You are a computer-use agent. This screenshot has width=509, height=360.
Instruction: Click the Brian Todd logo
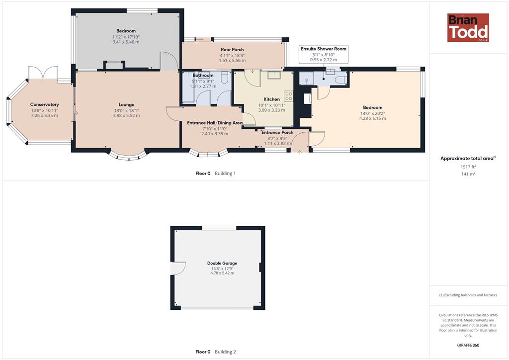468,27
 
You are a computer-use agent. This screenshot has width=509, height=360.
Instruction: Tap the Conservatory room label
44,104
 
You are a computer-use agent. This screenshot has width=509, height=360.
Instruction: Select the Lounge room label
126,104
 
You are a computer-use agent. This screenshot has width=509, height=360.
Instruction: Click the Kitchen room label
272,99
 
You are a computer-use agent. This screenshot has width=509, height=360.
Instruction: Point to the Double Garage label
222,263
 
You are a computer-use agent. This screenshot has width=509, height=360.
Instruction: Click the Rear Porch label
232,50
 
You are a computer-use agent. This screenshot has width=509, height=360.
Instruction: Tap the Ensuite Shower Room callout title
323,49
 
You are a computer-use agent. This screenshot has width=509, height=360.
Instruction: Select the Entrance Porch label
277,132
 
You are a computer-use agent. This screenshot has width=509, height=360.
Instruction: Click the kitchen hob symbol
289,96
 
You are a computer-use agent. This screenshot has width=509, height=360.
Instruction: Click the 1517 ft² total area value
468,167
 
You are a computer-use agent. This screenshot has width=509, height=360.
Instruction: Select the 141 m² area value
468,174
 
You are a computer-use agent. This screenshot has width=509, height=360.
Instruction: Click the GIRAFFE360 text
468,345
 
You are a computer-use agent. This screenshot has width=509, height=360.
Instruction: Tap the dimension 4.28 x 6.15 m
373,118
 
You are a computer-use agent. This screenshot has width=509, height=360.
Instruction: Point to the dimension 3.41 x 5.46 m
126,42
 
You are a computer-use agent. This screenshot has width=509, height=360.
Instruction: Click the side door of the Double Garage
178,269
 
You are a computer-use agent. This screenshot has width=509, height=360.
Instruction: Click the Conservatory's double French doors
43,73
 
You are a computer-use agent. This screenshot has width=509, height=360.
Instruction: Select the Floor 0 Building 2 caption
216,352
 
